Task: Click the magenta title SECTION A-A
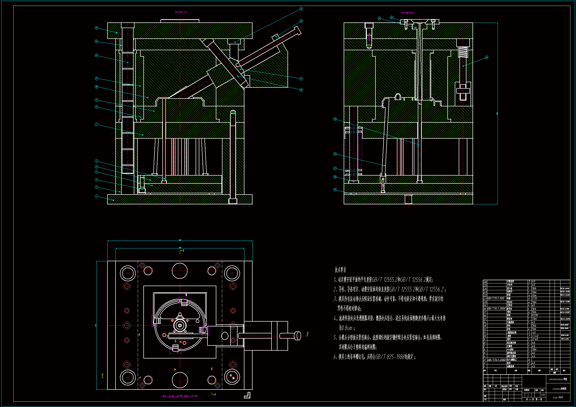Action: [181, 12]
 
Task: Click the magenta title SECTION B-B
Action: [407, 13]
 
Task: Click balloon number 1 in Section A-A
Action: [97, 196]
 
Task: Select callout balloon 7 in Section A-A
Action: [97, 124]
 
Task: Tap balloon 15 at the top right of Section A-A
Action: [301, 9]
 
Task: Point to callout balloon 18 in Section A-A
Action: [301, 90]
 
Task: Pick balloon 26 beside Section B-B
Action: [487, 57]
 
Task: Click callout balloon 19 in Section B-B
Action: [335, 190]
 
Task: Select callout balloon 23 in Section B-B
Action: [335, 119]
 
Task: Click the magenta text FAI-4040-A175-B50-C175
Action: [180, 396]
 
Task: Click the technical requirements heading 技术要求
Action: [340, 270]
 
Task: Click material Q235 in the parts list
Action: [535, 315]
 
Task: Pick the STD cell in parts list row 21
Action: [534, 298]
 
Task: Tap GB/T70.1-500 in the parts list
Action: [496, 298]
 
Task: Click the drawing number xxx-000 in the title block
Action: [558, 397]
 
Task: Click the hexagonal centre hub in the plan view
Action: [180, 326]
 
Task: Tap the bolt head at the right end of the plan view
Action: [298, 336]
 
